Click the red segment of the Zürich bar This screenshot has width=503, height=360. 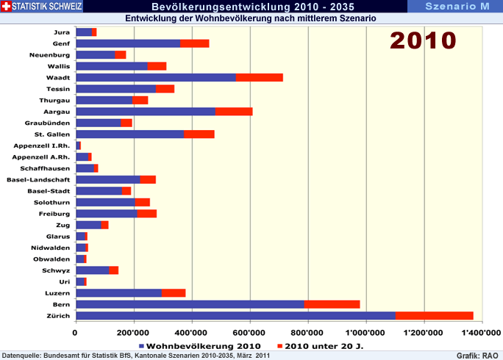(x=434, y=316)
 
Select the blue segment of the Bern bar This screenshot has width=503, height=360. (x=190, y=304)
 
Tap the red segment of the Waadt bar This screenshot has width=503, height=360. (x=259, y=77)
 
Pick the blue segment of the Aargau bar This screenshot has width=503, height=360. (x=146, y=111)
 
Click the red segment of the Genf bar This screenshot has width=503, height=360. (x=195, y=43)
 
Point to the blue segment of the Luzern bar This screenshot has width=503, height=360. (x=118, y=292)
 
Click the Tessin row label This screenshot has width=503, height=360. (x=58, y=89)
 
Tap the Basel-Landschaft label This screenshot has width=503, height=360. (x=38, y=179)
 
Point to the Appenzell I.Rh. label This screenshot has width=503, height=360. (x=42, y=145)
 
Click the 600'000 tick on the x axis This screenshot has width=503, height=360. (x=250, y=332)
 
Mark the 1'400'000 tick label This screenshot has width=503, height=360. (x=482, y=332)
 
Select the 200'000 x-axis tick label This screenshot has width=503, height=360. (x=134, y=332)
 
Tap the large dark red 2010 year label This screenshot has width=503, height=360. (x=423, y=39)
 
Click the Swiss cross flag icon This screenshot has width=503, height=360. (x=7, y=6)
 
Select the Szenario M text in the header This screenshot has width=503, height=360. (x=457, y=6)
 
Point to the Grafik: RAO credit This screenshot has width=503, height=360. (x=477, y=355)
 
